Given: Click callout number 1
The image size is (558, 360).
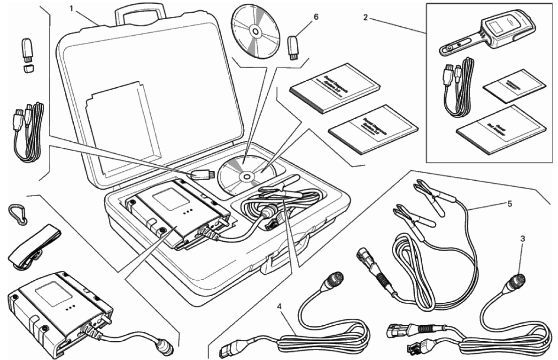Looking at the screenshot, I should (71, 9).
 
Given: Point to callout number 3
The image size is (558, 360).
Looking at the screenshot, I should (522, 238).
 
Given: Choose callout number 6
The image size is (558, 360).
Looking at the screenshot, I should (316, 16).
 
